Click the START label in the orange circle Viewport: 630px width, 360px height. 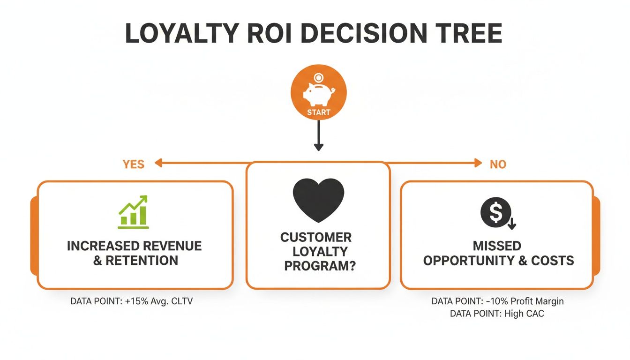pyautogui.click(x=319, y=112)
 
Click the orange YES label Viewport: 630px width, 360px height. pyautogui.click(x=134, y=164)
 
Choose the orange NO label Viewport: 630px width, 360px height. pyautogui.click(x=498, y=164)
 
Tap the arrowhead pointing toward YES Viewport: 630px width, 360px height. pyautogui.click(x=158, y=163)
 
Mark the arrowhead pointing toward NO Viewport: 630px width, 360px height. pyautogui.click(x=478, y=163)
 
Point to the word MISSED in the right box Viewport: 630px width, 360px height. pyautogui.click(x=497, y=246)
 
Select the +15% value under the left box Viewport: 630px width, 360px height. pyautogui.click(x=134, y=301)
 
